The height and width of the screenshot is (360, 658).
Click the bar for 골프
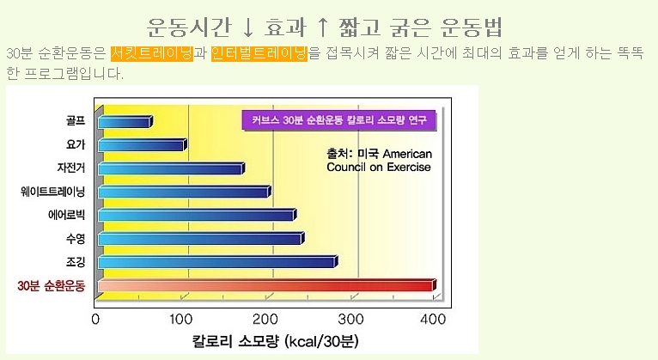[125, 122]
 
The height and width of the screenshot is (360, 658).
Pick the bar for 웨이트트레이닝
[184, 192]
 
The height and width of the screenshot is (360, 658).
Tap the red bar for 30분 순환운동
[266, 285]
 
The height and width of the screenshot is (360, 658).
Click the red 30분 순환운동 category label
[53, 285]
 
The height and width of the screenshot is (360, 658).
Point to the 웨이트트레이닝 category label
[53, 192]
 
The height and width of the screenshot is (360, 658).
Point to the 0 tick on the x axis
[96, 320]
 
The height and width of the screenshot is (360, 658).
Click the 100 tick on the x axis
[180, 320]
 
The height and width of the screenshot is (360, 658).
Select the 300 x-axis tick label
[350, 320]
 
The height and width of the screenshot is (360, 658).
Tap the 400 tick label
[434, 320]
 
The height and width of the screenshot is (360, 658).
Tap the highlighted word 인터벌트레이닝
[259, 53]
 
